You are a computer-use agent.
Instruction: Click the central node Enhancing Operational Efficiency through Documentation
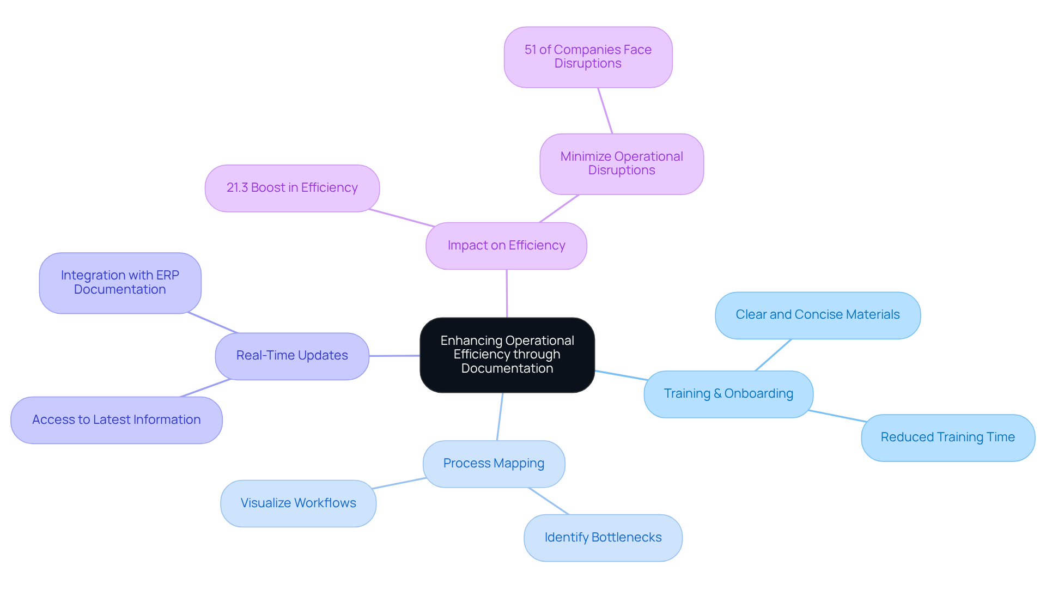click(507, 355)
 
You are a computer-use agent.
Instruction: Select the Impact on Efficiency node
click(506, 246)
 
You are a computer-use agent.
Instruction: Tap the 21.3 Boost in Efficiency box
click(292, 188)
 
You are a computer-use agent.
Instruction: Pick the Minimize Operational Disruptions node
click(621, 163)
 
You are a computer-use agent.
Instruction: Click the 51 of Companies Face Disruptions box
click(588, 57)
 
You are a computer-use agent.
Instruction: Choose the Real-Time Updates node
click(292, 356)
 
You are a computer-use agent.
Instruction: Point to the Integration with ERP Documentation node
click(120, 283)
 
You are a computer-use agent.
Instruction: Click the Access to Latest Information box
click(116, 419)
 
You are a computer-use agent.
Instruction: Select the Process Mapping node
click(494, 464)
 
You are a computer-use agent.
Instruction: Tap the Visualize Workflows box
click(298, 503)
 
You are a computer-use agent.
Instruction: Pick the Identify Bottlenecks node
click(603, 537)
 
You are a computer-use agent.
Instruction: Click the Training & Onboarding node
click(728, 394)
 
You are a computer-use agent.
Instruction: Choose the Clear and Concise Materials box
click(817, 315)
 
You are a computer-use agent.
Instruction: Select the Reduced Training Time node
click(947, 437)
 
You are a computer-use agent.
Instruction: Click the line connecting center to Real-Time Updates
click(394, 356)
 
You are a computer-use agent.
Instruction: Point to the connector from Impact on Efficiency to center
click(507, 293)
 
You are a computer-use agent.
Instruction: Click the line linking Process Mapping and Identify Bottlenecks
click(548, 501)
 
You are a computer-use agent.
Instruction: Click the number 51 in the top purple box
click(530, 50)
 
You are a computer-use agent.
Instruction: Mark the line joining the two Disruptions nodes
click(605, 111)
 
